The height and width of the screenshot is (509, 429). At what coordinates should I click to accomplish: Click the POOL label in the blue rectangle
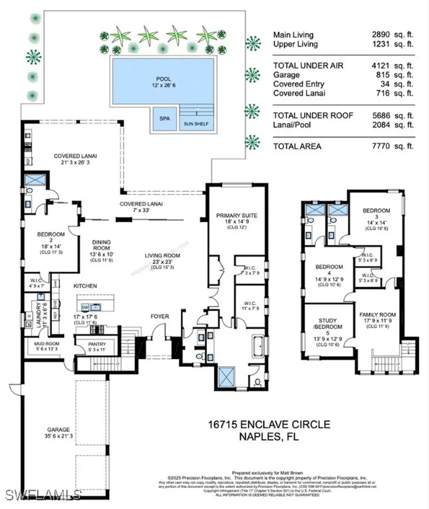(x=163, y=79)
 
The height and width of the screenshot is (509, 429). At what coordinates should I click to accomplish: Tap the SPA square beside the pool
(x=164, y=119)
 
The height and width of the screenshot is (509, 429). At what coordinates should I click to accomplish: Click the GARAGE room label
(x=59, y=429)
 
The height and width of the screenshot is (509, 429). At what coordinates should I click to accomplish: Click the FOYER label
(x=160, y=316)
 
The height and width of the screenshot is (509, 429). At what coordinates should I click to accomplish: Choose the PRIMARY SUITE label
(x=236, y=215)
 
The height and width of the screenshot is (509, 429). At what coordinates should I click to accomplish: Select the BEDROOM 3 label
(x=376, y=210)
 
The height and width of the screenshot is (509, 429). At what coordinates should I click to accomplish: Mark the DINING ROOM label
(x=102, y=246)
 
